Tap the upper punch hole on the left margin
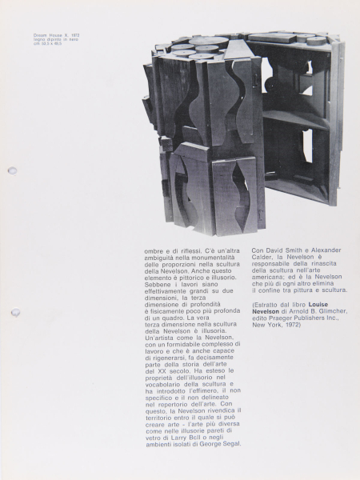[x=12, y=170]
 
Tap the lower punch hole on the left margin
[x=14, y=312]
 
